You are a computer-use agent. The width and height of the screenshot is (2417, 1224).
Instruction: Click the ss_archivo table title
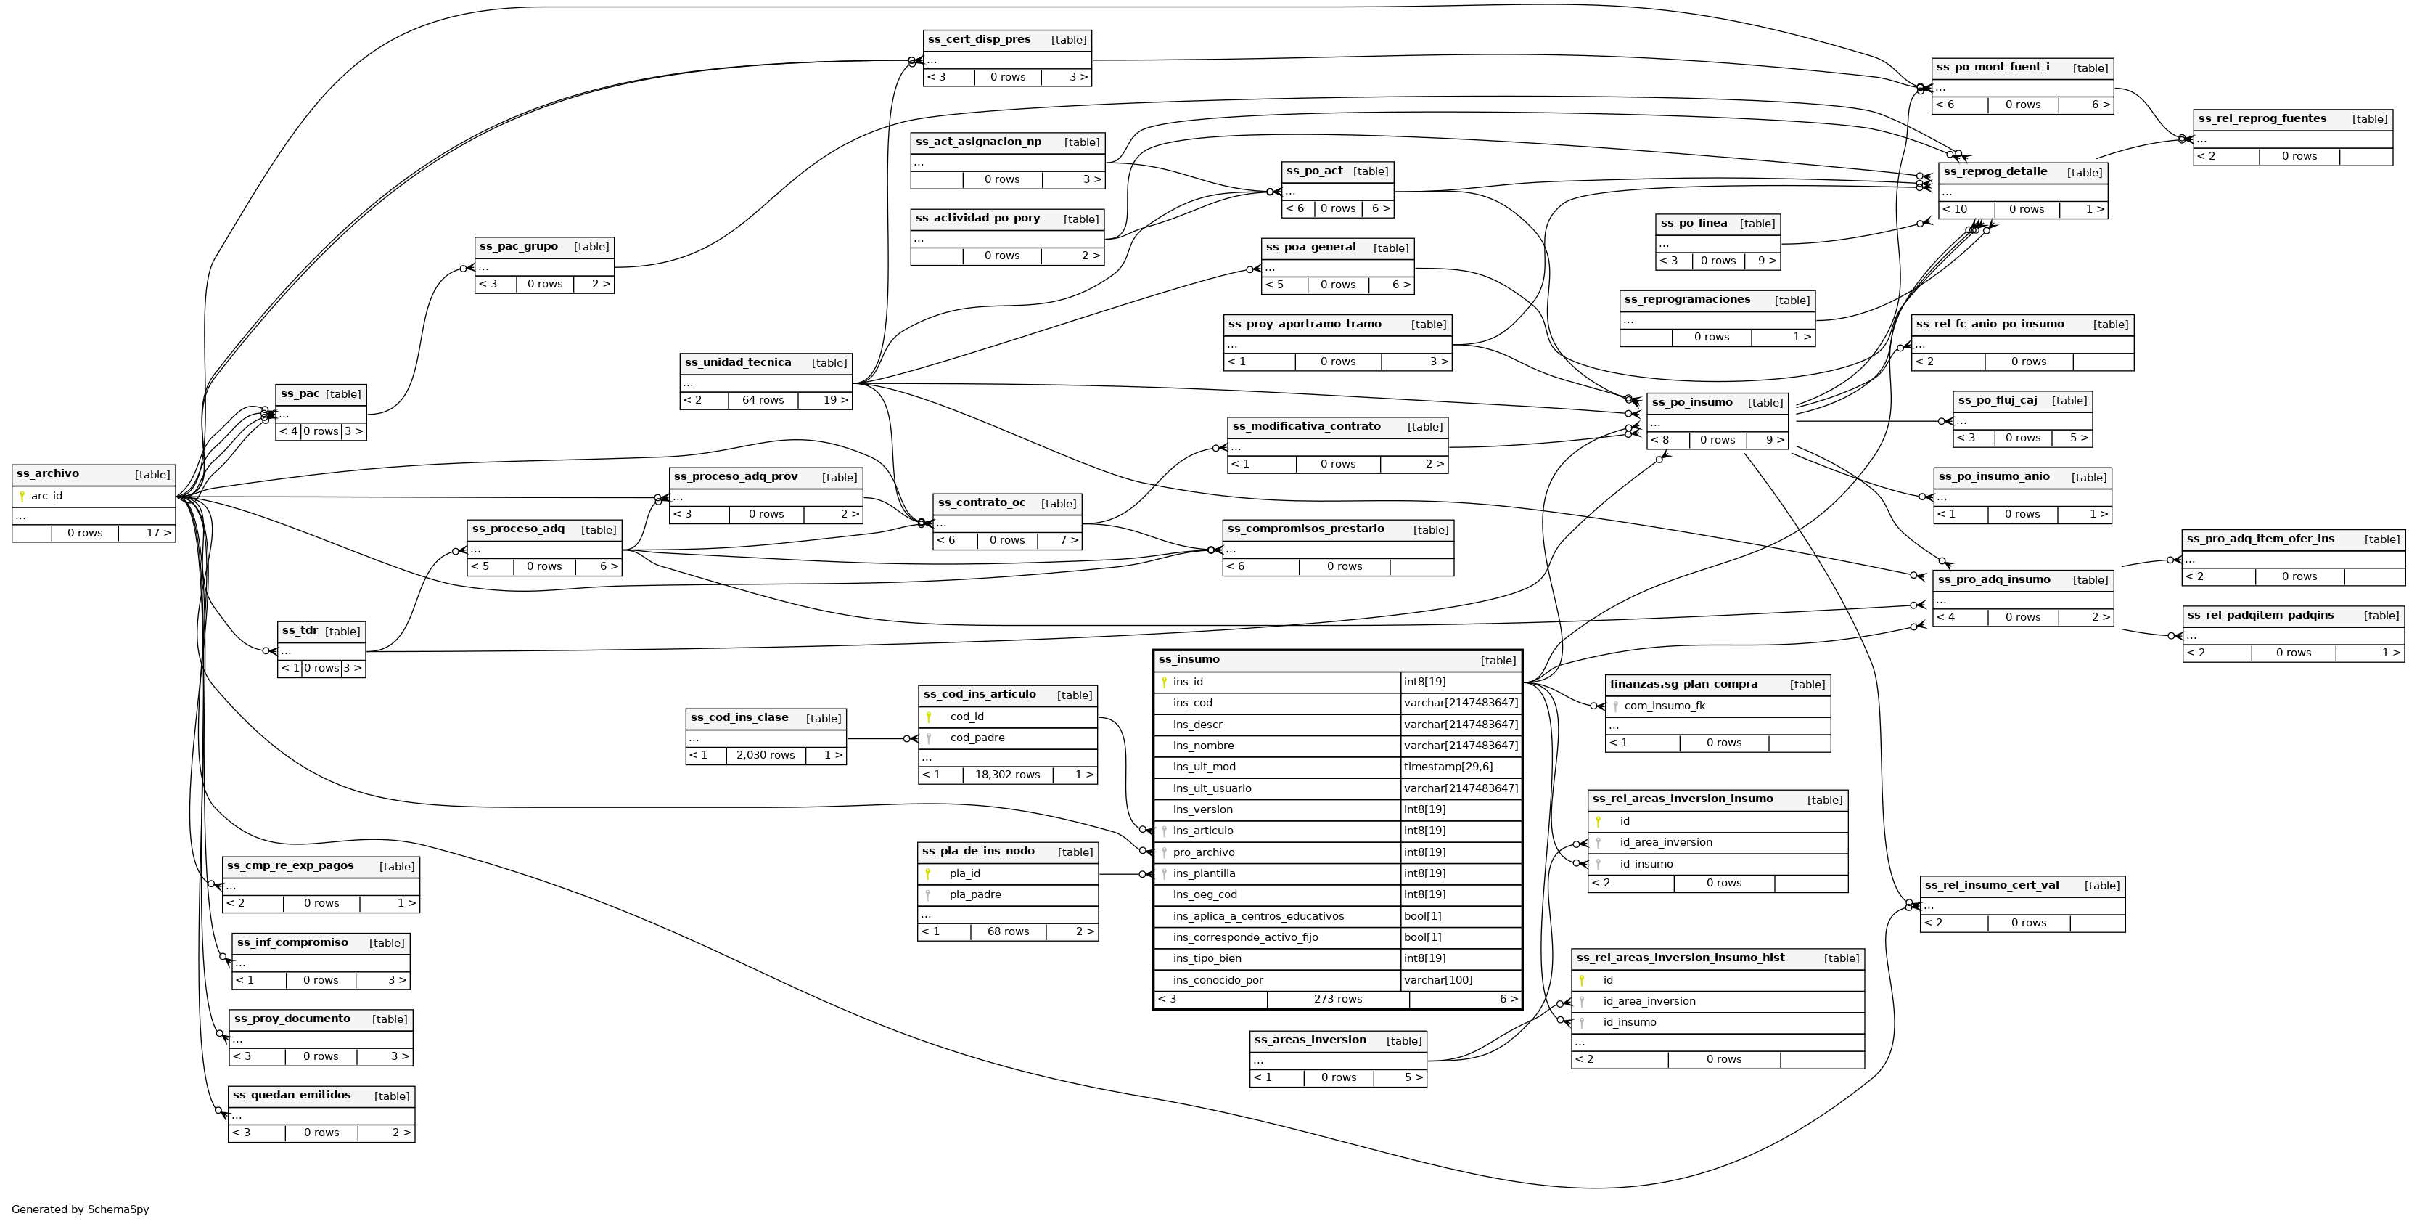(48, 474)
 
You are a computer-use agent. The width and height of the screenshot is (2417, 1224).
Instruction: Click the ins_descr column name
(1197, 725)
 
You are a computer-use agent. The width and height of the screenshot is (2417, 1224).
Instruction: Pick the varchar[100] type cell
(1437, 980)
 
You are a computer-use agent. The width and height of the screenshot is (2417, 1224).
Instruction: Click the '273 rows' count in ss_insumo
(1337, 999)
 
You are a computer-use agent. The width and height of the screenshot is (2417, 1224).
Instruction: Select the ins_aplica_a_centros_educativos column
(1257, 916)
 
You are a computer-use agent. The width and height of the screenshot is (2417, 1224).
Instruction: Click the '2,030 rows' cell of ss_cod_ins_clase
(765, 755)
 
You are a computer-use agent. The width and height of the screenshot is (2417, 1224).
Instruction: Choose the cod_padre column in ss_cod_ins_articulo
(977, 738)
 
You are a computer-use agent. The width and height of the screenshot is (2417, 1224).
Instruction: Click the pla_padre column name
(975, 894)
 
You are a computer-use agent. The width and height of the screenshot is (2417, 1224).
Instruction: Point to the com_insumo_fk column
(1665, 706)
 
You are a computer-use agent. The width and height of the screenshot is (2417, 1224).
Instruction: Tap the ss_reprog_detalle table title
(1995, 172)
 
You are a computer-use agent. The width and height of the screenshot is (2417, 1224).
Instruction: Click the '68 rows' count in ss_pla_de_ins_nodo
(1008, 931)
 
